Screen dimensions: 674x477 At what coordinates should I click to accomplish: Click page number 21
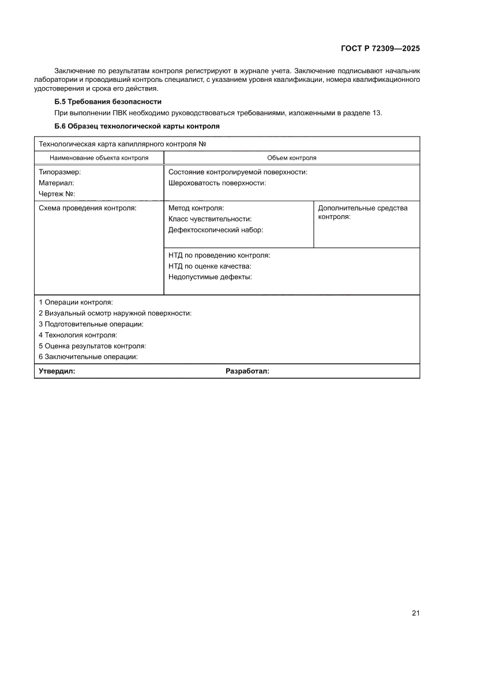pyautogui.click(x=415, y=613)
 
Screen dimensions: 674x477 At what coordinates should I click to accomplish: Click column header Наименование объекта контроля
pyautogui.click(x=99, y=157)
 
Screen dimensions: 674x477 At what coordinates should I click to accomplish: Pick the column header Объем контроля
pyautogui.click(x=291, y=157)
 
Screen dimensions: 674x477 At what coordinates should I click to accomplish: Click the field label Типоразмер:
pyautogui.click(x=59, y=172)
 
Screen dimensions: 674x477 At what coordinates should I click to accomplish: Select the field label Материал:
pyautogui.click(x=56, y=183)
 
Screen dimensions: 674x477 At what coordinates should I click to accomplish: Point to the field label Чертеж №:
pyautogui.click(x=57, y=194)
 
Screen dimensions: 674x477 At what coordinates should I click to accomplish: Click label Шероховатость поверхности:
pyautogui.click(x=217, y=183)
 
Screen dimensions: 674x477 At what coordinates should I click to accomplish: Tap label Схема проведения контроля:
pyautogui.click(x=87, y=208)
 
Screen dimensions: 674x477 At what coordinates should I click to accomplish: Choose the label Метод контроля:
pyautogui.click(x=196, y=208)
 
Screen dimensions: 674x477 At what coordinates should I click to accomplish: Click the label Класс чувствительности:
pyautogui.click(x=210, y=219)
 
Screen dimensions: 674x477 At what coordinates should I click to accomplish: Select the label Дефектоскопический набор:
pyautogui.click(x=215, y=229)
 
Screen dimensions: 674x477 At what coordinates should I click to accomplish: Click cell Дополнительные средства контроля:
pyautogui.click(x=362, y=213)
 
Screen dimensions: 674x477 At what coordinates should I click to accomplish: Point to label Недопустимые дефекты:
pyautogui.click(x=210, y=277)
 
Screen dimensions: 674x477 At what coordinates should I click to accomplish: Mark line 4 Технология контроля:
pyautogui.click(x=78, y=335)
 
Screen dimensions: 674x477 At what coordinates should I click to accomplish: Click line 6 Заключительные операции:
pyautogui.click(x=88, y=356)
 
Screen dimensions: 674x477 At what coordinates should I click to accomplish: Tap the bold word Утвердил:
pyautogui.click(x=57, y=371)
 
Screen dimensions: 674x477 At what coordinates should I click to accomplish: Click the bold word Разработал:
pyautogui.click(x=247, y=371)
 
